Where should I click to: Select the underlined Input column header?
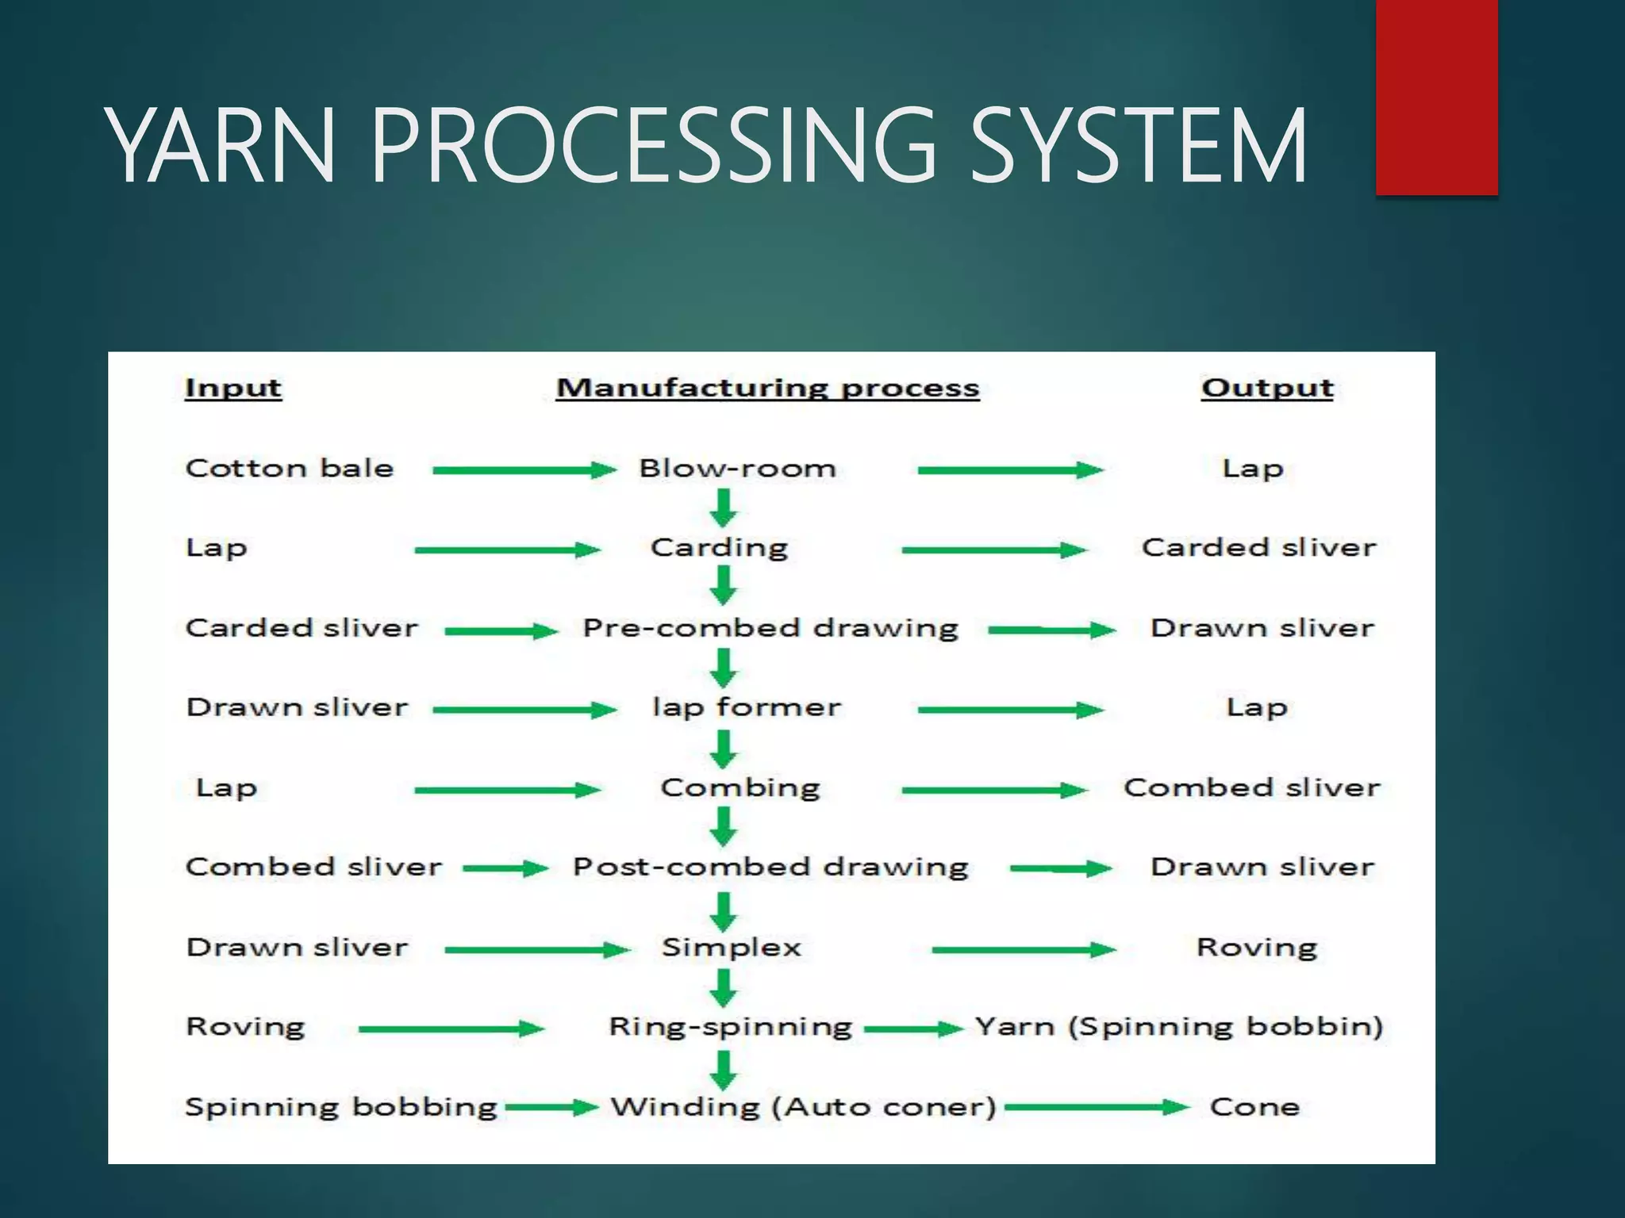point(233,389)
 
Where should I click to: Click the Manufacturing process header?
point(767,389)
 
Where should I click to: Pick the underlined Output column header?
point(1266,389)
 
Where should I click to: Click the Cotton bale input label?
point(290,469)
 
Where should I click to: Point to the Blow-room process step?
point(737,469)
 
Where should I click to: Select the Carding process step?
point(719,548)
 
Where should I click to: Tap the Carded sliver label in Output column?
point(1258,548)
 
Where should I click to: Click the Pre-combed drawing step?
point(770,629)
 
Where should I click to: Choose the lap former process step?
point(746,707)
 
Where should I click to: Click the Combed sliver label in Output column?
point(1251,787)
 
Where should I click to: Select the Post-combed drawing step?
point(770,867)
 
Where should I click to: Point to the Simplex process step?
point(732,948)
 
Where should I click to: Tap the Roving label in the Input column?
point(245,1027)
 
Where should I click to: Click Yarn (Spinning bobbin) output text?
point(1178,1027)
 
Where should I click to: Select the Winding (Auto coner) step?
point(802,1107)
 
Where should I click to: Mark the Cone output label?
point(1254,1107)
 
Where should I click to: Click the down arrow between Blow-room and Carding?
point(723,507)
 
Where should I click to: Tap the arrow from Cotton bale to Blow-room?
point(524,470)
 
